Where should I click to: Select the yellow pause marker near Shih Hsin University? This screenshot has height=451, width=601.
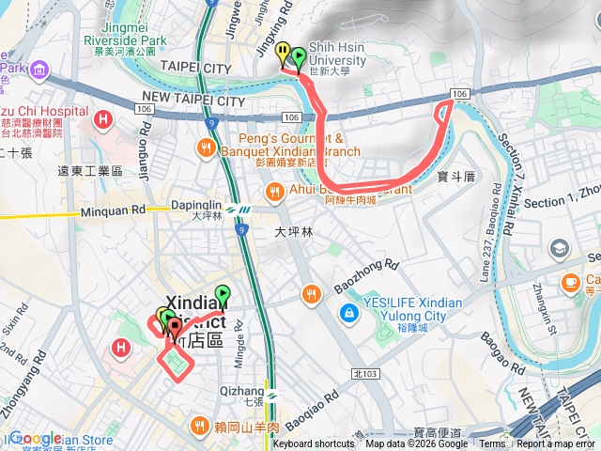283,53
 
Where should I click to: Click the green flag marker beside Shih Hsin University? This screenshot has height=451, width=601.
299,57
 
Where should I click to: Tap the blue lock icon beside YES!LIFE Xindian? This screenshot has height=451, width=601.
348,310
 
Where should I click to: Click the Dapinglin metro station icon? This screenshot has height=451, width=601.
244,210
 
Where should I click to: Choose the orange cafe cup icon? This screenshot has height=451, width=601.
570,282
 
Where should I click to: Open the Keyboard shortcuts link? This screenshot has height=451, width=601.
314,444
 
